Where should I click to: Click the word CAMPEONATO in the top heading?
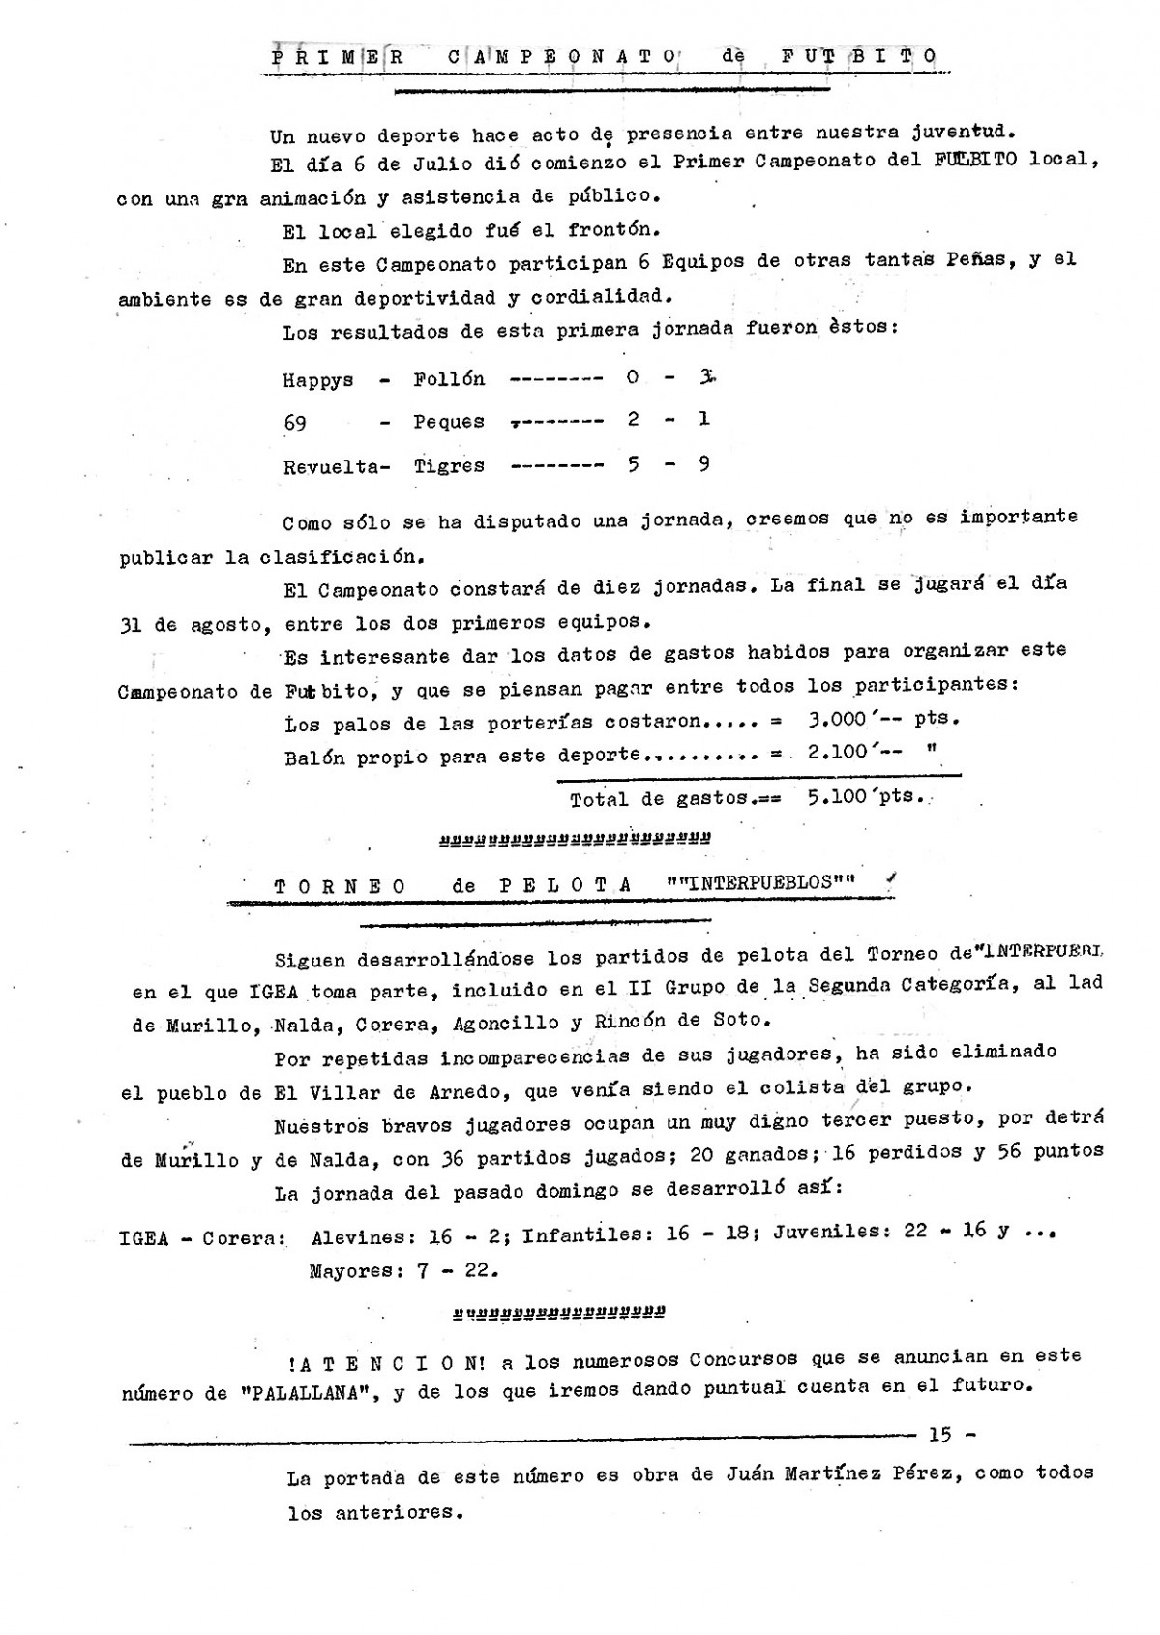tap(562, 57)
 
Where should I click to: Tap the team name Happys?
tap(318, 380)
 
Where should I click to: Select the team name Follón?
tap(449, 378)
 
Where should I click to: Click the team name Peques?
tap(449, 422)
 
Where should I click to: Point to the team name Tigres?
tap(449, 465)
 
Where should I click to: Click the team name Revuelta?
tap(331, 466)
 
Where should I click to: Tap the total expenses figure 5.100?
tap(838, 798)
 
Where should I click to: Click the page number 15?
tap(939, 1435)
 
